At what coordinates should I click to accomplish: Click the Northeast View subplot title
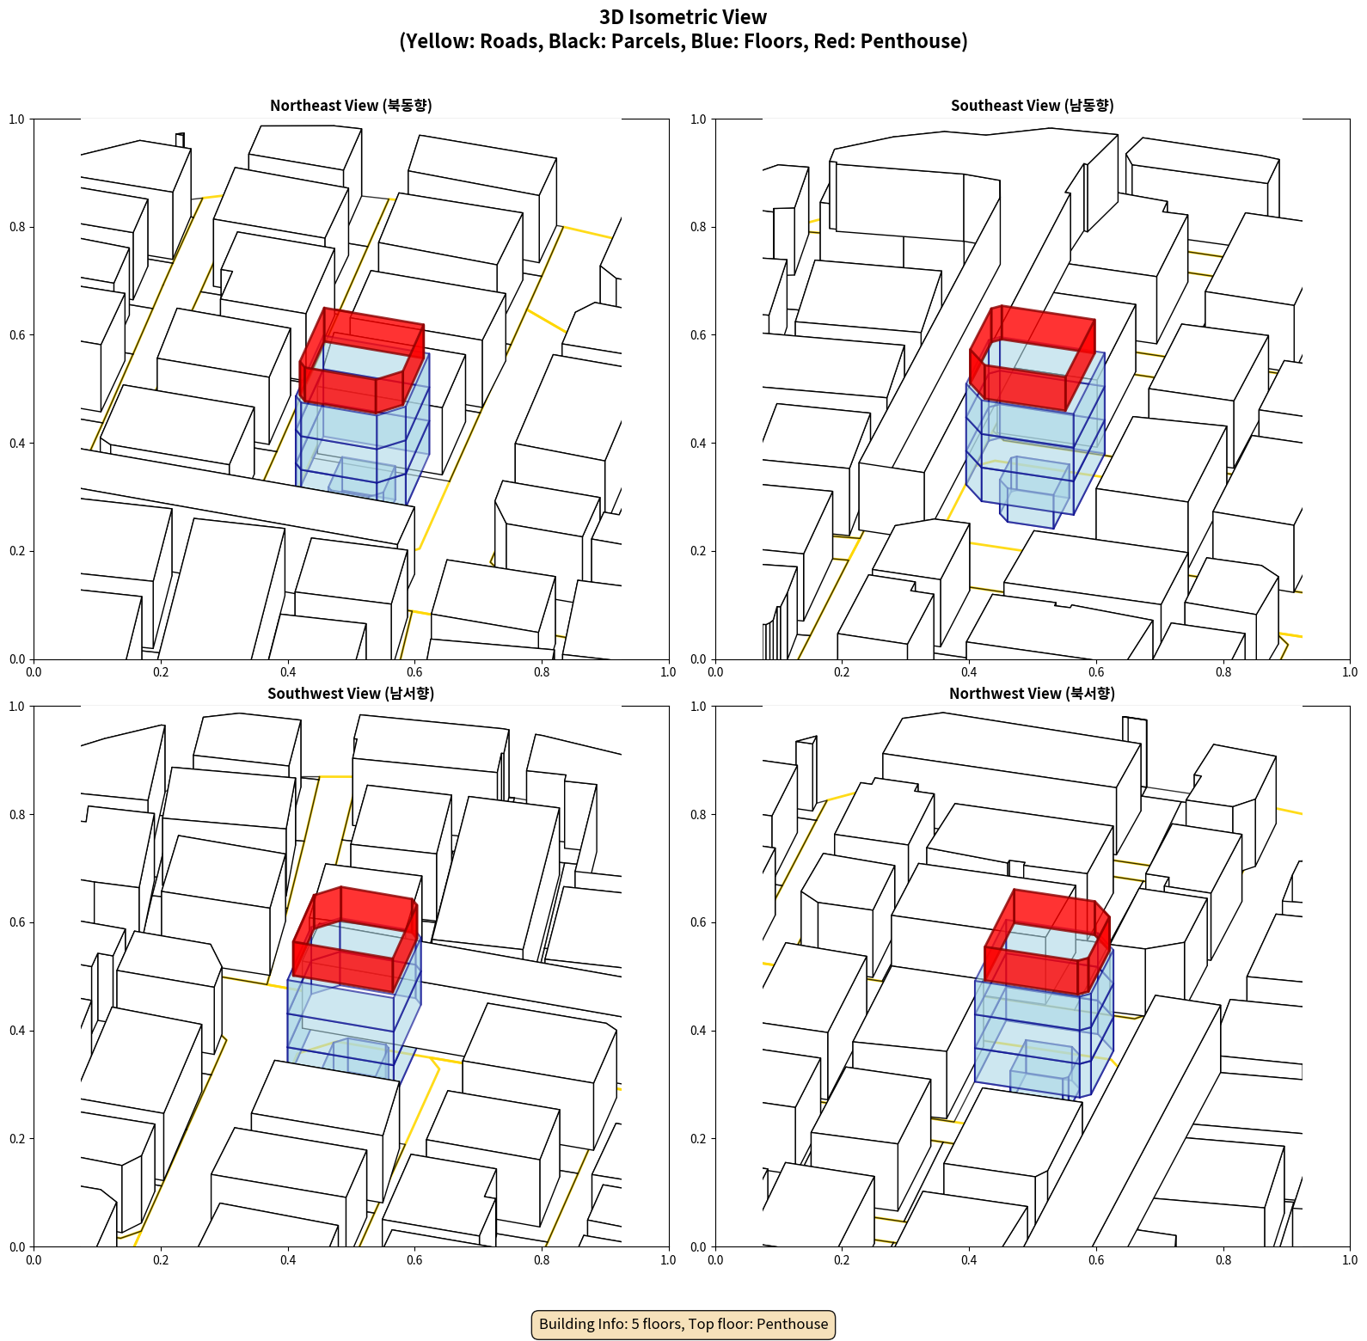coord(351,105)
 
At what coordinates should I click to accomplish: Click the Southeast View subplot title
coord(1032,105)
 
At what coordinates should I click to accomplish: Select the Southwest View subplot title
coord(351,693)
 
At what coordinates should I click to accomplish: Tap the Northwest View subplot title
coord(1032,693)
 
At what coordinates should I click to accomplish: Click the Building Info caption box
coord(683,1324)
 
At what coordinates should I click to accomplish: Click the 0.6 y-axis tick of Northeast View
coord(17,335)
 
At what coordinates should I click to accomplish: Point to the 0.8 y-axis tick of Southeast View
coord(698,227)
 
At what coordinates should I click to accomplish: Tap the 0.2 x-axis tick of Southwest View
coord(161,1260)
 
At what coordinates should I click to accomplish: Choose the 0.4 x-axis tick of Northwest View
coord(969,1260)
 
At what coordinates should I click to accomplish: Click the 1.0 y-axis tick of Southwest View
coord(17,707)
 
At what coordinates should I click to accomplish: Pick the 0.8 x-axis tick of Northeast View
coord(542,672)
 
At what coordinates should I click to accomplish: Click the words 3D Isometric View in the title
coord(683,17)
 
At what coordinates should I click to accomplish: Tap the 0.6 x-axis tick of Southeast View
coord(1096,672)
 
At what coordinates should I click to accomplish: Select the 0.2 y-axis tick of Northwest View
coord(698,1139)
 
